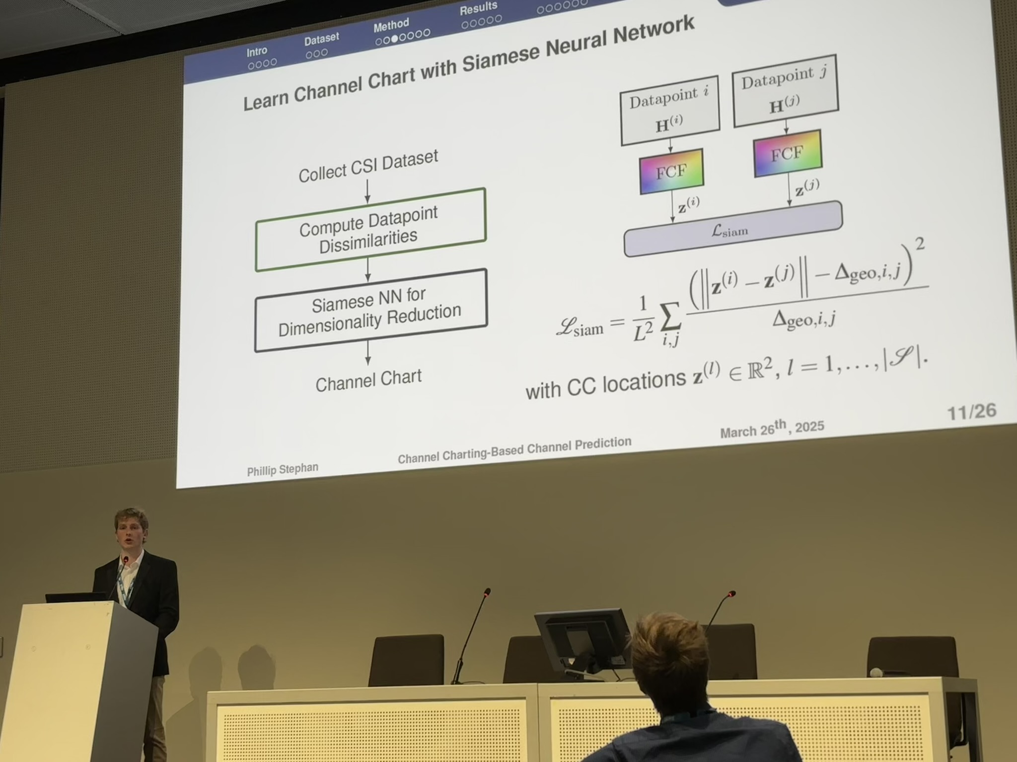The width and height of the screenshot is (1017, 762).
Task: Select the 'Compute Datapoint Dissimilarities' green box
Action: tap(370, 230)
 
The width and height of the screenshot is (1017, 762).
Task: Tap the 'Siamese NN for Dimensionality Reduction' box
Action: tap(371, 311)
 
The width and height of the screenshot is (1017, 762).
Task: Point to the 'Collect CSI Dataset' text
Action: tap(368, 166)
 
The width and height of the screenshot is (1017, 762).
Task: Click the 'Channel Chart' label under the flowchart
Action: tap(368, 381)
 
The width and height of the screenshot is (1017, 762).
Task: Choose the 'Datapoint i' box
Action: tap(670, 110)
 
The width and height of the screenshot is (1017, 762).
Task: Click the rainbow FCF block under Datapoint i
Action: tap(671, 171)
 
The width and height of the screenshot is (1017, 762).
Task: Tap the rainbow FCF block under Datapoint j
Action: tap(787, 153)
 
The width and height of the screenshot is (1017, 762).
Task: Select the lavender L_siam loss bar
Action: tap(733, 229)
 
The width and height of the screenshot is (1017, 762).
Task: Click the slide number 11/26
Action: tap(971, 412)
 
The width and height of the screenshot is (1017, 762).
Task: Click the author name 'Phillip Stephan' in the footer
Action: tap(283, 469)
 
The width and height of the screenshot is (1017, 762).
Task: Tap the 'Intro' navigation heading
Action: tap(257, 52)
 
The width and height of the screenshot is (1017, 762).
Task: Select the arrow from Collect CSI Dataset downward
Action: tap(367, 191)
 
